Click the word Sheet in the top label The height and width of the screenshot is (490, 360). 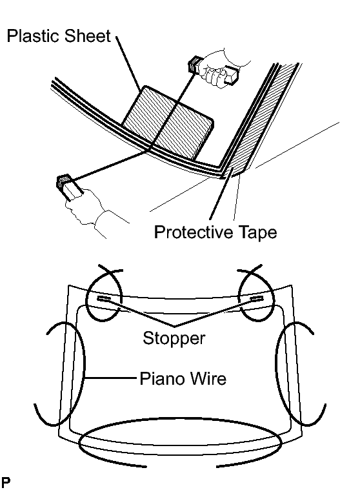[88, 36]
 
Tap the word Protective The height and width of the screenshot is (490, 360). [194, 232]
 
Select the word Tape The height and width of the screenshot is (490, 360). [257, 232]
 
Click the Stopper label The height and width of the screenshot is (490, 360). [174, 338]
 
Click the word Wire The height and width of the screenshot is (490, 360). [208, 378]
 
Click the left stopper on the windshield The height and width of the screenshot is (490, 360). [103, 299]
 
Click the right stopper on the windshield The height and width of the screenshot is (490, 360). [257, 299]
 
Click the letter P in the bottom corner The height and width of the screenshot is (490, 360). [5, 482]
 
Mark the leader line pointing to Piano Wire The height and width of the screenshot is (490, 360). [111, 378]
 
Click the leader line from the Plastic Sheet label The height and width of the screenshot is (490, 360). [128, 63]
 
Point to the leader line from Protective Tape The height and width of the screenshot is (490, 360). [221, 194]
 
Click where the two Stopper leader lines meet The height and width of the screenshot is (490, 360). [174, 327]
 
